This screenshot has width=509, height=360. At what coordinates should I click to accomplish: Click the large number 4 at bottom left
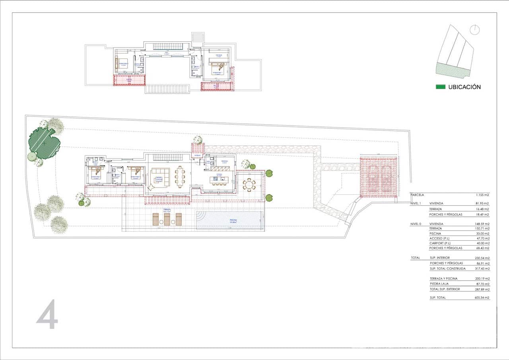[x=48, y=315]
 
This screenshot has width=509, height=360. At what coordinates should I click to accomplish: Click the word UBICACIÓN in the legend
[x=464, y=87]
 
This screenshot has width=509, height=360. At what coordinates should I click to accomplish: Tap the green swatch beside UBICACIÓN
[x=441, y=87]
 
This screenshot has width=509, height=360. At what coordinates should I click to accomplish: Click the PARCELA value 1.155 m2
[x=482, y=195]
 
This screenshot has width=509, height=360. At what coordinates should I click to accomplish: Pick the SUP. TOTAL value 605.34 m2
[x=482, y=298]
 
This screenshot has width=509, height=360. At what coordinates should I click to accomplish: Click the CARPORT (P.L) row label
[x=440, y=243]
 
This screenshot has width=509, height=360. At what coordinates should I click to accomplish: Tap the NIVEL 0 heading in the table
[x=416, y=224]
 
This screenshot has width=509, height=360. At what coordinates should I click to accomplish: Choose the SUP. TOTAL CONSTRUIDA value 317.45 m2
[x=482, y=269]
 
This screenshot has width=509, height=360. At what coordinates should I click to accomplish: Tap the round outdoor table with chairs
[x=250, y=185]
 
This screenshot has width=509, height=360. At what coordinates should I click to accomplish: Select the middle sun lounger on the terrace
[x=167, y=219]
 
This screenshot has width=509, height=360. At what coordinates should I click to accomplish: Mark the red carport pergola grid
[x=379, y=177]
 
